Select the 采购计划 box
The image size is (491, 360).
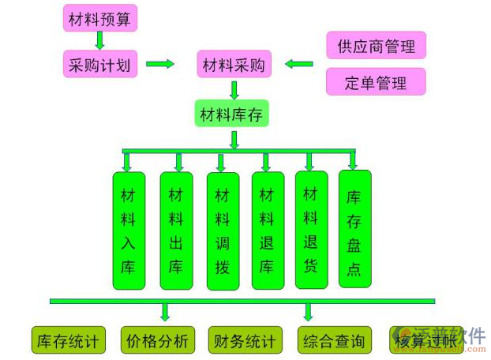pyautogui.click(x=100, y=64)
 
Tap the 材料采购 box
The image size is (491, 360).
pyautogui.click(x=234, y=64)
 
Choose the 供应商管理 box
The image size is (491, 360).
pyautogui.click(x=376, y=47)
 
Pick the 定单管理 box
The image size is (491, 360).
pyautogui.click(x=376, y=82)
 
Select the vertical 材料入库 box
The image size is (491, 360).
pyautogui.click(x=129, y=229)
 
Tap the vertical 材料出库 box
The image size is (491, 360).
pyautogui.click(x=176, y=229)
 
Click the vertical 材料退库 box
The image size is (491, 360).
pyautogui.click(x=268, y=229)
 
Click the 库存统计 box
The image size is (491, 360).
pyautogui.click(x=68, y=340)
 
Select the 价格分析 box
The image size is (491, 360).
pyautogui.click(x=157, y=340)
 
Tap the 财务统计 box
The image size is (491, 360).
pyautogui.click(x=245, y=340)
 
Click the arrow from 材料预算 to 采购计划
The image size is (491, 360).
pyautogui.click(x=100, y=41)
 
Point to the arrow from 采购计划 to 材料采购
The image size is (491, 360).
pyautogui.click(x=160, y=64)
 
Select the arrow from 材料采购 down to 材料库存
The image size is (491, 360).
pyautogui.click(x=234, y=88)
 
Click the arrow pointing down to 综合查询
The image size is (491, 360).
pyautogui.click(x=309, y=313)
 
